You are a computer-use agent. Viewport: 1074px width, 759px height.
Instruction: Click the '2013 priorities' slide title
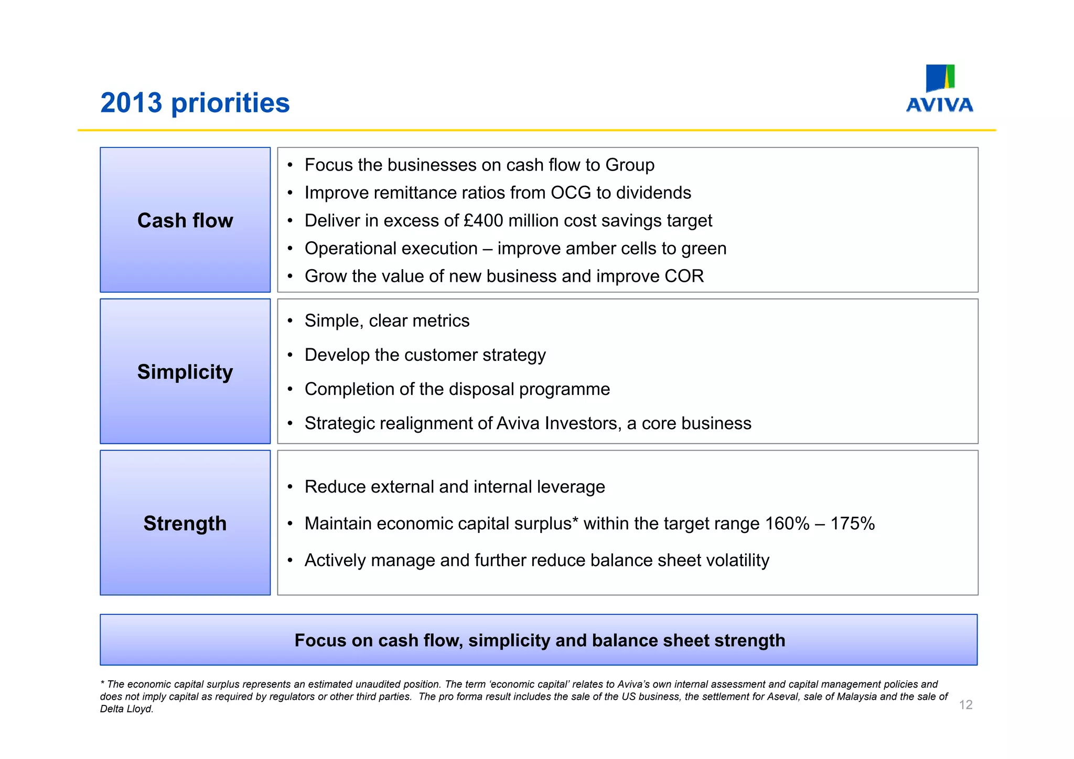[195, 103]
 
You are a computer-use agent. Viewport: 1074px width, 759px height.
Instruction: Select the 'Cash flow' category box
[185, 220]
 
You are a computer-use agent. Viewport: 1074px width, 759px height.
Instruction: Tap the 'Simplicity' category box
[185, 371]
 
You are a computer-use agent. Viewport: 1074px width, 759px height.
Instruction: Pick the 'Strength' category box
[185, 523]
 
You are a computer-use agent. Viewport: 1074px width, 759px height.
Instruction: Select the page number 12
[965, 705]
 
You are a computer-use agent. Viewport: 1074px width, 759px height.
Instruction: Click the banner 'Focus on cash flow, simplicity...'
[539, 640]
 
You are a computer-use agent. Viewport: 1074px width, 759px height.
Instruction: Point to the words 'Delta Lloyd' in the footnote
[126, 709]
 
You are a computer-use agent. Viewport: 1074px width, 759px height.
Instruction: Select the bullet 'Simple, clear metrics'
[386, 321]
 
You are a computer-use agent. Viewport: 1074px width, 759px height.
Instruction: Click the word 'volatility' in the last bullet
[737, 561]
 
